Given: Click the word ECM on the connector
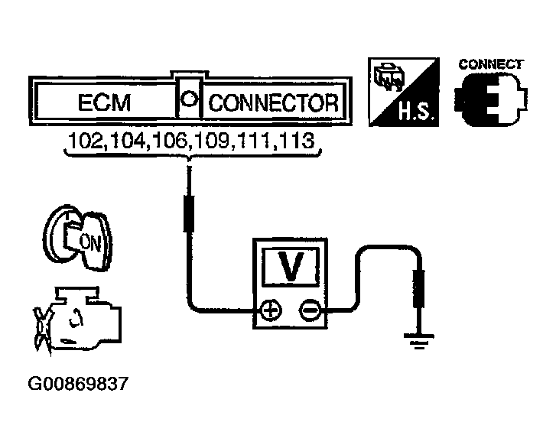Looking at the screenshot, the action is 104,102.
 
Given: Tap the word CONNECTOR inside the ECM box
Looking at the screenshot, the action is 273,102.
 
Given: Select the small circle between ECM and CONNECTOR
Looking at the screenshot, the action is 188,98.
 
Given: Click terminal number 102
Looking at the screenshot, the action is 84,141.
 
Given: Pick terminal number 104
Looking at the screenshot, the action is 127,141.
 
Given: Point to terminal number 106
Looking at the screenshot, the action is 170,141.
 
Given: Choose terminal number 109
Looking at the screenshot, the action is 212,141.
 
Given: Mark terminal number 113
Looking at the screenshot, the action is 296,141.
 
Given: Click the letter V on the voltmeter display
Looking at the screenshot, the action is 291,267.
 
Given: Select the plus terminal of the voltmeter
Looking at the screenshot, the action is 271,311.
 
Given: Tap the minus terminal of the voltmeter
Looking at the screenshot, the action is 310,311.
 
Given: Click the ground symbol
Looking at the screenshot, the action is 419,341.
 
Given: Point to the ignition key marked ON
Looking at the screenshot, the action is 78,239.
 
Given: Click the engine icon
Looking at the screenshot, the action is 77,321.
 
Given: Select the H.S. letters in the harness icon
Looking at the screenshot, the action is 415,111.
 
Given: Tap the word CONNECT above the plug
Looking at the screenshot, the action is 491,64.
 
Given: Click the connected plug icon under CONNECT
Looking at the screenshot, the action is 490,99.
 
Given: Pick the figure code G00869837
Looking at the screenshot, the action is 78,384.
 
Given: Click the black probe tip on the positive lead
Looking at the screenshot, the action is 189,213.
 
